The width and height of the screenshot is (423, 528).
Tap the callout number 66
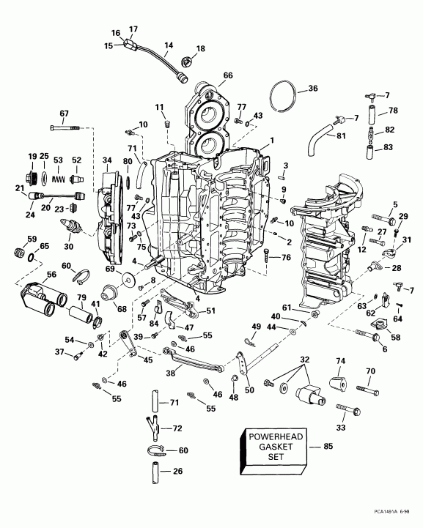(227, 75)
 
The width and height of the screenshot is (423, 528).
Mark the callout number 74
(340, 362)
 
